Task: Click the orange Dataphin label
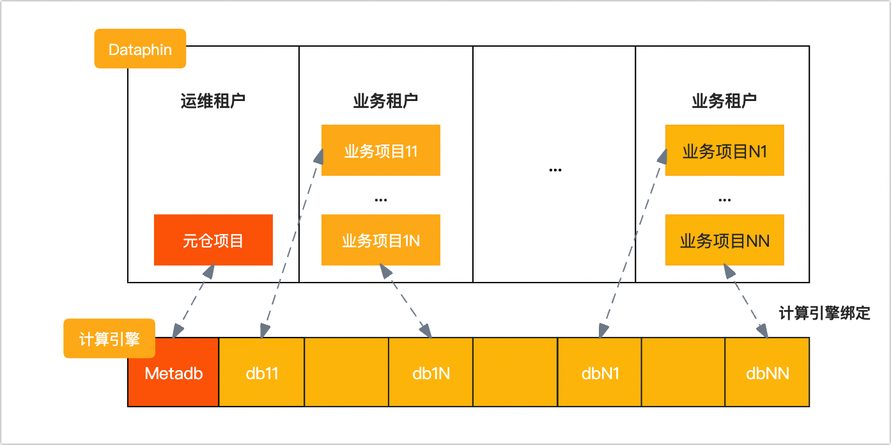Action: [140, 49]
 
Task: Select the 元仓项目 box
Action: [213, 240]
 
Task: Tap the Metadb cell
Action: [173, 372]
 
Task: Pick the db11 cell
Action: [261, 372]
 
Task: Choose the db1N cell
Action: [431, 372]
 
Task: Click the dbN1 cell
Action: [600, 372]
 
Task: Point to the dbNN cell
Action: [767, 372]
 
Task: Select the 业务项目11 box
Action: [380, 150]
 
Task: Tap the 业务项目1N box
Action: [380, 240]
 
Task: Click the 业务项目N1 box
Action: [724, 150]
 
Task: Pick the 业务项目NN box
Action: [724, 240]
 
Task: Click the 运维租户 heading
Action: [213, 101]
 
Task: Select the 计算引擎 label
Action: [109, 338]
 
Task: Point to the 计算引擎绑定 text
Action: [825, 313]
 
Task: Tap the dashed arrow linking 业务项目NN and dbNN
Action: [746, 301]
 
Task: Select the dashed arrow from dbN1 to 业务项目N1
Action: [631, 243]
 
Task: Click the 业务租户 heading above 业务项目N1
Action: [724, 101]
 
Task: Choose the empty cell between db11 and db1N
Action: [346, 372]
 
